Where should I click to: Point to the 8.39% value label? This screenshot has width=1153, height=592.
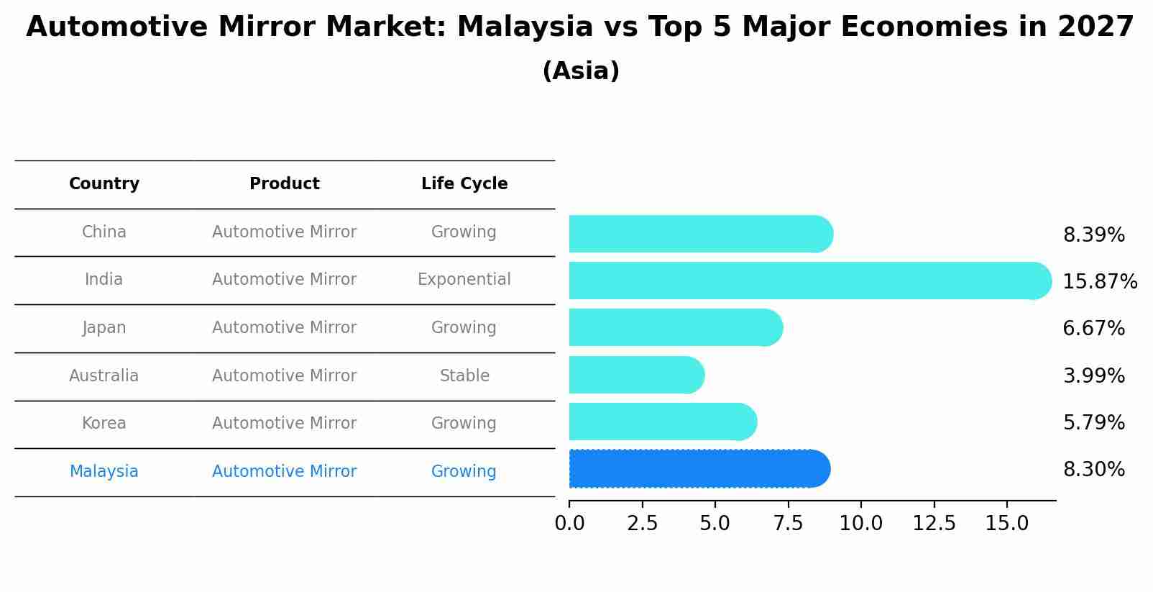(x=1093, y=235)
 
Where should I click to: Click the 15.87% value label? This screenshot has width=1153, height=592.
(x=1099, y=281)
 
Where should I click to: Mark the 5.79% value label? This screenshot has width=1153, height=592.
(x=1093, y=422)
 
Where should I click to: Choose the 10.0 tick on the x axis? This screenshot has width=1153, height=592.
(x=861, y=524)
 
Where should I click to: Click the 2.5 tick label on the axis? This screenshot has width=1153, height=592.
(x=642, y=524)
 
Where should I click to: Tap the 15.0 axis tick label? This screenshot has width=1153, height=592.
(x=1006, y=524)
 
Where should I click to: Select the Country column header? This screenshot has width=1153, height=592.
(x=104, y=184)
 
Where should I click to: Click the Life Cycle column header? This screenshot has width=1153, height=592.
(x=464, y=184)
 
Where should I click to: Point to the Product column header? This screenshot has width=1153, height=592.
(x=285, y=184)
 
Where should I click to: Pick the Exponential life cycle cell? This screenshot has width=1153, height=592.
(x=464, y=279)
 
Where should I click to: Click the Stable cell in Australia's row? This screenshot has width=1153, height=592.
(x=464, y=375)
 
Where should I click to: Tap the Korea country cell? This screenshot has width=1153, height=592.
(x=104, y=423)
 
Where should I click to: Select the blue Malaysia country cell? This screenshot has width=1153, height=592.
(x=104, y=471)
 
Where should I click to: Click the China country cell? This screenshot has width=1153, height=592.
(x=104, y=232)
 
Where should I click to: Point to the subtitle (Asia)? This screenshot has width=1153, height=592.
(x=581, y=71)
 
